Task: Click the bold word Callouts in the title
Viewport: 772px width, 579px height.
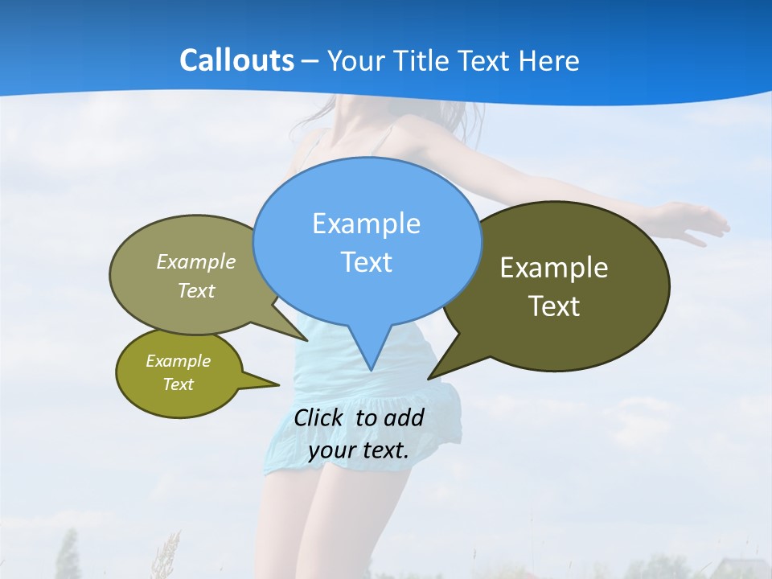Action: point(236,60)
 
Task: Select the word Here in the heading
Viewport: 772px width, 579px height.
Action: point(549,60)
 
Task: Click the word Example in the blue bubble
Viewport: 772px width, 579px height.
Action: point(366,224)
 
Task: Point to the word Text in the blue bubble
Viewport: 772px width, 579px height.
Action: point(366,262)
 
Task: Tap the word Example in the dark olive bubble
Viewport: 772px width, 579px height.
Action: point(554,268)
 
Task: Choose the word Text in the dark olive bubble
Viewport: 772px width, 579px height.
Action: point(554,306)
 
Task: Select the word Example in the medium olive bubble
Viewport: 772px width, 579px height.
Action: point(196,261)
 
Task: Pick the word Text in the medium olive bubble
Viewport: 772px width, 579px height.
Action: point(196,290)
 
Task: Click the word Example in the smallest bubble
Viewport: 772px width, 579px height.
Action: point(178,361)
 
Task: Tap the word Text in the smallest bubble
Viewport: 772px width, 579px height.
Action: point(178,384)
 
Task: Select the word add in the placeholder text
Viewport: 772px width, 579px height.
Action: point(404,417)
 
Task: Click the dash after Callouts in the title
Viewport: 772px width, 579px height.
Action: point(311,61)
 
